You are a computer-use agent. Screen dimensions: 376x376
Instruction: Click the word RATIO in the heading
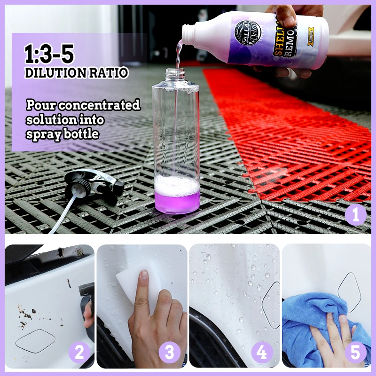(x=111, y=73)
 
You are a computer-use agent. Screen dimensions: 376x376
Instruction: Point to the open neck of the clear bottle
(x=177, y=72)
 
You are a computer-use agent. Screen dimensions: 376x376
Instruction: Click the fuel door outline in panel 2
(x=36, y=340)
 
